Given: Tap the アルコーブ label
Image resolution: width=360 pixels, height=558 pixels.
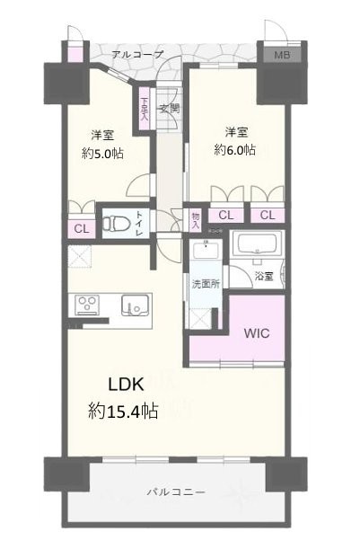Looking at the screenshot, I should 137,55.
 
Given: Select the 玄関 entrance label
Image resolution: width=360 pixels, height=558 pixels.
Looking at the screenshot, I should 169,110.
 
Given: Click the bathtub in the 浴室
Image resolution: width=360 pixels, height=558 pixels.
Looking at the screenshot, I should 258,245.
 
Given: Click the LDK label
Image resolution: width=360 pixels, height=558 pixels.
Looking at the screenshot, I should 128,385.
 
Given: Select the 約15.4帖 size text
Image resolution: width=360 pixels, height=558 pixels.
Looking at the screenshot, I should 124,412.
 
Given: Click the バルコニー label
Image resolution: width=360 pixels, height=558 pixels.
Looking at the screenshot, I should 176,492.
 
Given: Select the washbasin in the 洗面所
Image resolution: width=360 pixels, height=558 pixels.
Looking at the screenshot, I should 206,252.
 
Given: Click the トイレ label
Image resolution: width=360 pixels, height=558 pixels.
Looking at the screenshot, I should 139,222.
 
